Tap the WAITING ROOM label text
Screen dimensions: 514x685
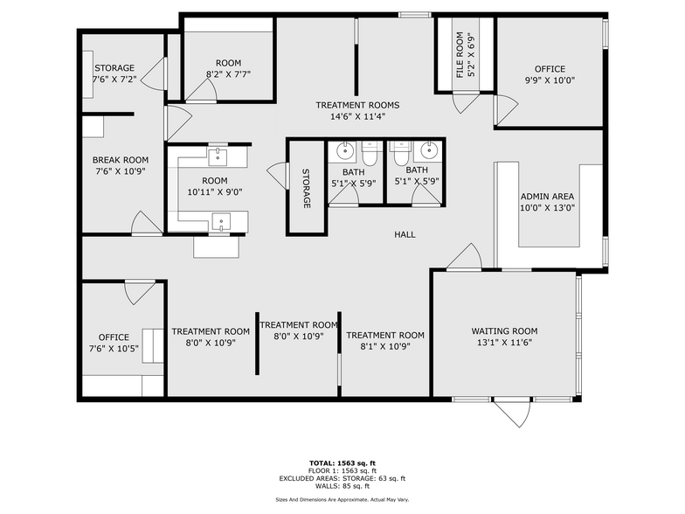pos(504,331)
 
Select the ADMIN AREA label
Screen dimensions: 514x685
pos(547,197)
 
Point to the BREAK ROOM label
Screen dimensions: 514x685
pos(121,160)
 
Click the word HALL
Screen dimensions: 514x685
pos(405,234)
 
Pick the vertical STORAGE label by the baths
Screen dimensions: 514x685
pos(307,188)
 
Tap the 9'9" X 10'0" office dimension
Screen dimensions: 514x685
pos(550,80)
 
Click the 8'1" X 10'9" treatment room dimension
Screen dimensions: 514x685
pos(385,346)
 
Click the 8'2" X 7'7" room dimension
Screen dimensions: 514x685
pos(228,74)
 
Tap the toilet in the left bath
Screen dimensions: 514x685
pos(370,154)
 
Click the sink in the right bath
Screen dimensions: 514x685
pos(427,147)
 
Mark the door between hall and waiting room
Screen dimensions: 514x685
pos(464,258)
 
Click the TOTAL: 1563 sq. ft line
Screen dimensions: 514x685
pos(342,463)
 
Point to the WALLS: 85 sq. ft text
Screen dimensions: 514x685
pos(342,486)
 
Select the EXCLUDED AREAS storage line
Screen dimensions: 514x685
pos(342,478)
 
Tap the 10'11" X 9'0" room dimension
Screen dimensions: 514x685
pos(209,192)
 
